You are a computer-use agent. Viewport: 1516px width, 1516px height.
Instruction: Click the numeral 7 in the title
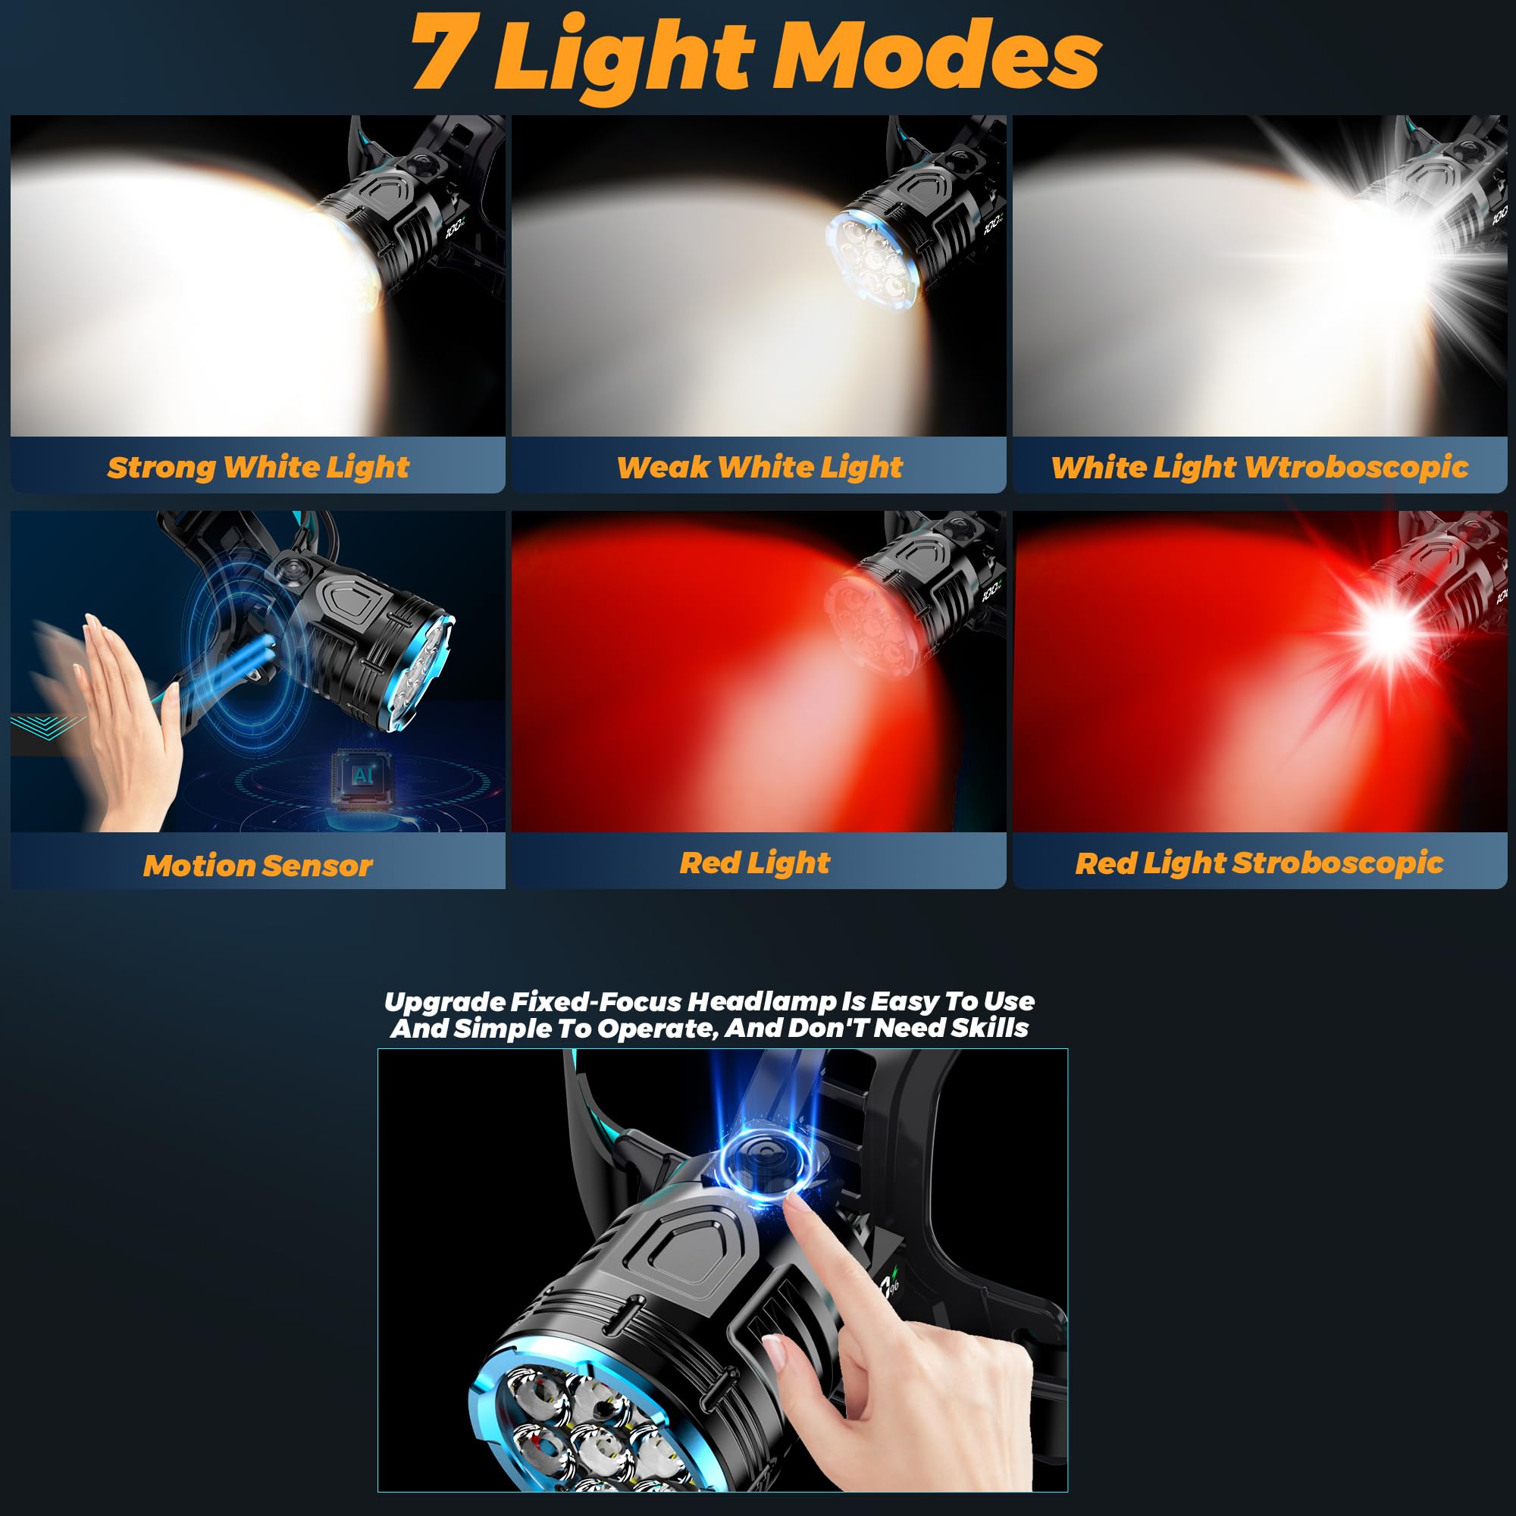(444, 53)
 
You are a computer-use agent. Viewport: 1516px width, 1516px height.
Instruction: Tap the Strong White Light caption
(258, 467)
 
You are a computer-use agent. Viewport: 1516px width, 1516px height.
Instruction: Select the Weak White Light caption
(759, 467)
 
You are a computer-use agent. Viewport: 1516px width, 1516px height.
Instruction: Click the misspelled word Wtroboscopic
(1356, 467)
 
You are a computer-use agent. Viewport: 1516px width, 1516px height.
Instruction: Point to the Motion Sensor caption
(258, 865)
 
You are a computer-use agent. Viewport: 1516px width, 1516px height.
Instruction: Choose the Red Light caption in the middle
(754, 863)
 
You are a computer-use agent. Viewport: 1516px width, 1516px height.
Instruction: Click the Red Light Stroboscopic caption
(1258, 863)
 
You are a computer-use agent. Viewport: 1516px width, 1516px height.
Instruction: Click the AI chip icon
(360, 777)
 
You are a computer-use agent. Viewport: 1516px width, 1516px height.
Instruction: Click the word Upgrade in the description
(444, 1002)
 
